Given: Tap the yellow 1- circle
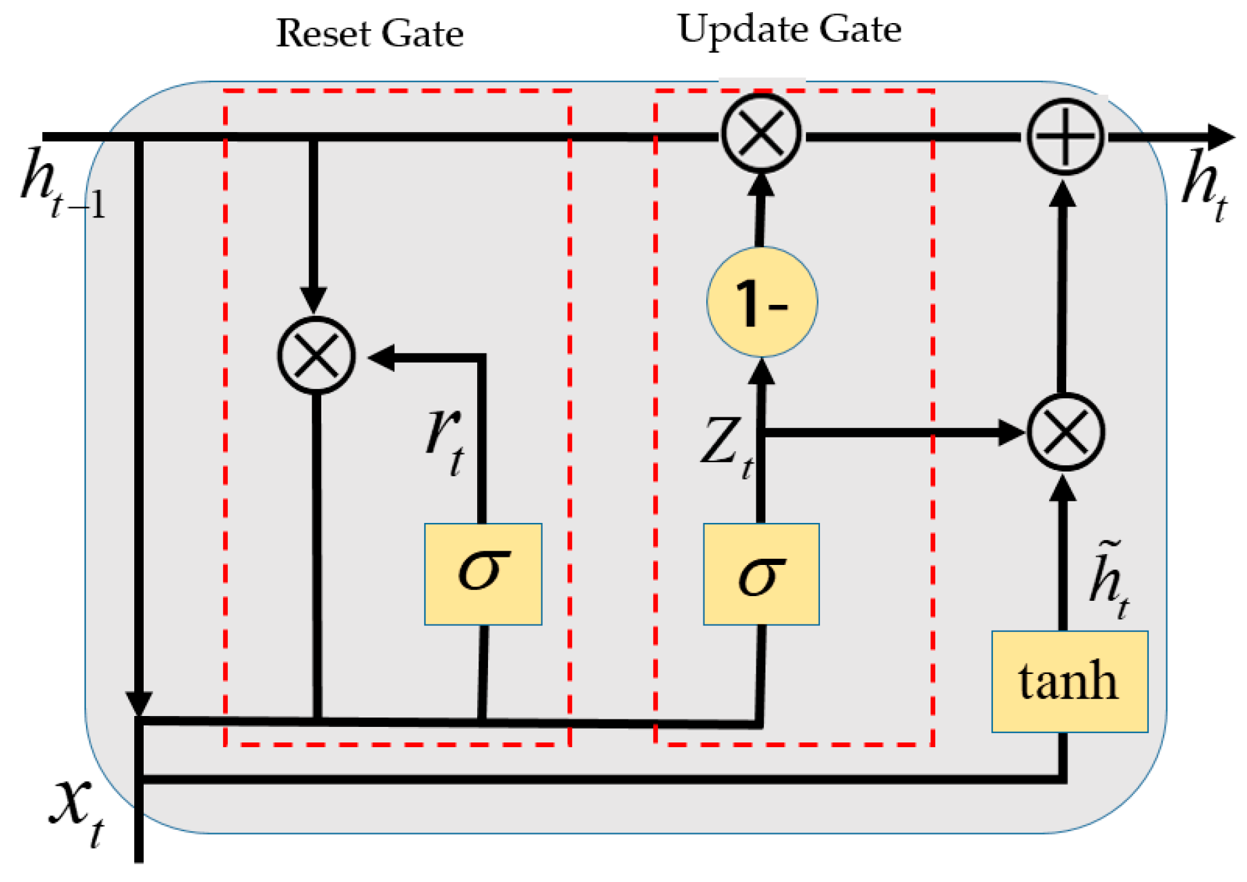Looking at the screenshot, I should [x=762, y=302].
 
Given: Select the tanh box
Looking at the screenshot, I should [x=1069, y=681].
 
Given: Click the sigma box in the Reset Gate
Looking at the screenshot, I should [x=483, y=574].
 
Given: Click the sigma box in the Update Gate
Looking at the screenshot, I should [x=761, y=574].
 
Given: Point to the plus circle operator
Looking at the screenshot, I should [x=1065, y=136].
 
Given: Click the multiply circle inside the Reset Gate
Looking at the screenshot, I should [x=316, y=355].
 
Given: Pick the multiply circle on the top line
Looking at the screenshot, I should [x=761, y=133].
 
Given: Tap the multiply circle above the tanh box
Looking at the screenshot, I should [x=1065, y=432].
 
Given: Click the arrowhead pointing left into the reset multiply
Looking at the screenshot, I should [x=382, y=357].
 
